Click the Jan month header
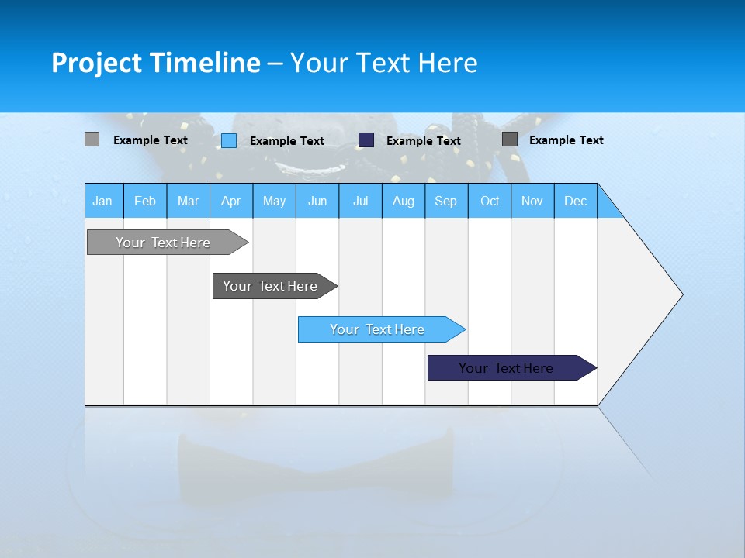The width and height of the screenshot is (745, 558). click(103, 201)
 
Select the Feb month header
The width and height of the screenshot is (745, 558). click(145, 201)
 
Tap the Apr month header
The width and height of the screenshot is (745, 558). click(231, 201)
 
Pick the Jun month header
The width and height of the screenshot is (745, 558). click(317, 201)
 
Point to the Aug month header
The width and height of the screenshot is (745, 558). click(404, 201)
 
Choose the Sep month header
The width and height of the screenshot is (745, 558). click(446, 201)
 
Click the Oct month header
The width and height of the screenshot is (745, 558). click(490, 201)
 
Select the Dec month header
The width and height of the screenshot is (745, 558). click(576, 201)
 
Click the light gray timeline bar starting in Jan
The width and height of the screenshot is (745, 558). click(164, 243)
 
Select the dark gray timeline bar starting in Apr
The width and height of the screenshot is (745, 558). click(271, 286)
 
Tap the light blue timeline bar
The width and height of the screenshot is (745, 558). click(378, 329)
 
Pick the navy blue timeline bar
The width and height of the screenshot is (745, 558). click(507, 368)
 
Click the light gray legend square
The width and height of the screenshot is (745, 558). click(92, 139)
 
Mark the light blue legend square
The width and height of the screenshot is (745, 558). click(229, 140)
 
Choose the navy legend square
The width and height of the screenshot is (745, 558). click(366, 140)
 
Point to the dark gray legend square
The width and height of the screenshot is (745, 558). click(510, 139)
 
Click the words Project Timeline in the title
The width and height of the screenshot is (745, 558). click(155, 63)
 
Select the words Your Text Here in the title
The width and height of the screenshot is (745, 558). click(383, 63)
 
